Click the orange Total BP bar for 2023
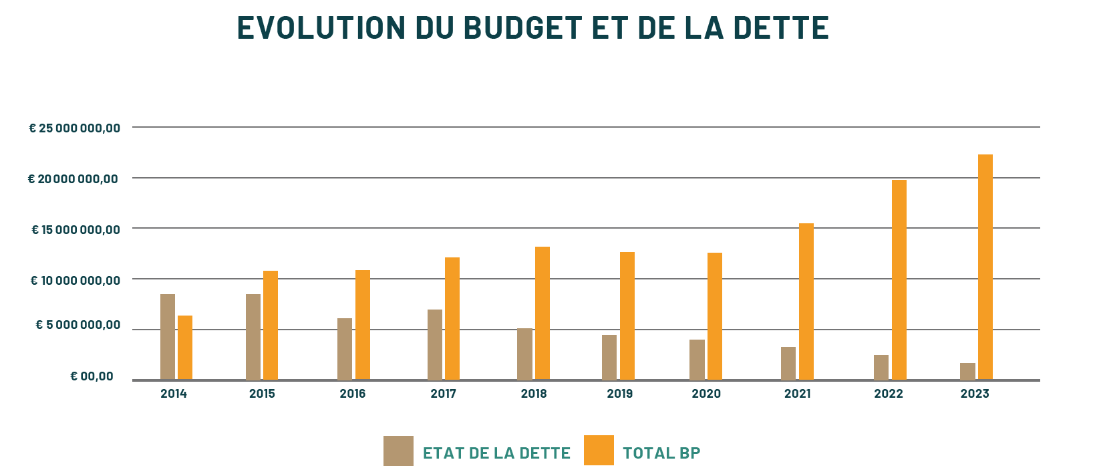click(x=985, y=267)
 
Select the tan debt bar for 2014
click(x=168, y=337)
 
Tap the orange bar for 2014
click(x=185, y=348)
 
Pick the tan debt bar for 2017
click(x=435, y=344)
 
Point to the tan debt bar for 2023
click(x=967, y=371)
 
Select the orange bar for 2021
click(x=806, y=302)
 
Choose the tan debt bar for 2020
click(x=697, y=360)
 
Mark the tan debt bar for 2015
click(x=253, y=337)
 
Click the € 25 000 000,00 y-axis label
click(x=74, y=128)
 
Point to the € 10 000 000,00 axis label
click(x=75, y=280)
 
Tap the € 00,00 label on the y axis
click(x=92, y=376)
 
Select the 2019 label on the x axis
click(x=619, y=394)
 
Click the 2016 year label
click(x=352, y=394)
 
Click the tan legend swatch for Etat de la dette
click(x=398, y=451)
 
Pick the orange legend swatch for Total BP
click(x=599, y=450)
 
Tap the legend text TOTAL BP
click(x=661, y=453)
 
